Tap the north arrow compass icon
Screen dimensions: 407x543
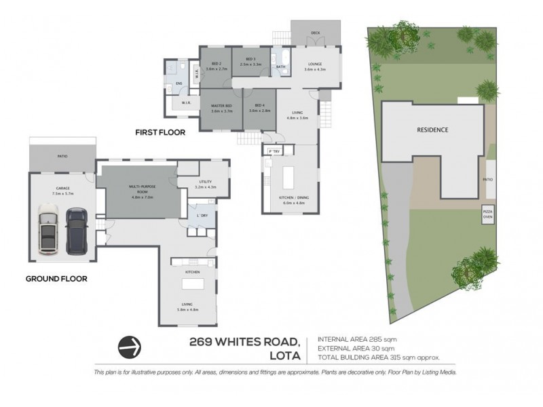130,346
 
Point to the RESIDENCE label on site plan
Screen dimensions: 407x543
432,130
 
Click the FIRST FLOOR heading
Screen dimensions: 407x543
160,133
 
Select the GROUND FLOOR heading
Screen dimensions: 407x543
56,278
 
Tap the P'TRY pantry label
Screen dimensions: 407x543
274,151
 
